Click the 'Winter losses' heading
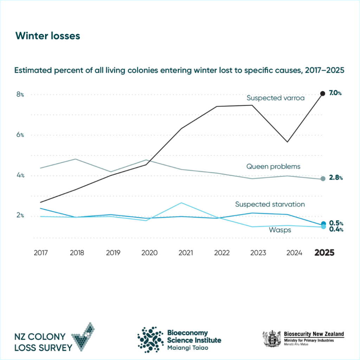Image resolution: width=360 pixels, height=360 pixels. tap(48, 36)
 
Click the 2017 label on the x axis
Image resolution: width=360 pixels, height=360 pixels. tap(41, 253)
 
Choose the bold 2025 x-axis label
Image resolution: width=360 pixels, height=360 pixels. tap(324, 253)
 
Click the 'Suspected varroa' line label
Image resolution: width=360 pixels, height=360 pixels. tap(275, 98)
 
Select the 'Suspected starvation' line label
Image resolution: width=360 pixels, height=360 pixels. tap(270, 204)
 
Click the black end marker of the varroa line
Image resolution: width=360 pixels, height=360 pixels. tap(323, 94)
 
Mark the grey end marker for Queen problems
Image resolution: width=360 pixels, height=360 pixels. tap(323, 179)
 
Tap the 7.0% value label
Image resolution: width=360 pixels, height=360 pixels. tap(335, 94)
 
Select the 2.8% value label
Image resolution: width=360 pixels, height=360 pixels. tap(336, 178)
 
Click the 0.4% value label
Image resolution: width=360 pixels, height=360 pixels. tap(335, 229)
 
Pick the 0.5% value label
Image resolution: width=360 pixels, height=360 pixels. tap(335, 223)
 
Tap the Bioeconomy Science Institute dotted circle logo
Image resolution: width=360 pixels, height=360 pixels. tap(150, 339)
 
